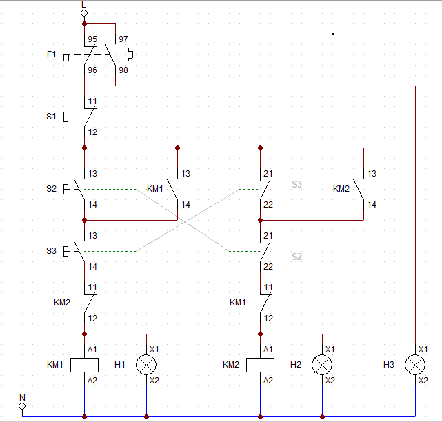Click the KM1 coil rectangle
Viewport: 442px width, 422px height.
84,364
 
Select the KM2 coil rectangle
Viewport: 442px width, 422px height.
260,364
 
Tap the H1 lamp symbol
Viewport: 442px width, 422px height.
147,364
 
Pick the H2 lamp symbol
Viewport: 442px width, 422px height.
322,364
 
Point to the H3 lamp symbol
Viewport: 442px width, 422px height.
416,364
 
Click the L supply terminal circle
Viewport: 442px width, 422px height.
84,12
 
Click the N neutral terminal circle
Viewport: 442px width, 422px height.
22,406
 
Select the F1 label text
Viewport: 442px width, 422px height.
52,54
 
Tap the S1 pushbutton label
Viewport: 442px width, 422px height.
51,117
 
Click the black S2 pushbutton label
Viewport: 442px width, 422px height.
51,188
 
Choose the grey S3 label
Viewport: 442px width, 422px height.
297,185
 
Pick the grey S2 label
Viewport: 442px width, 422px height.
297,257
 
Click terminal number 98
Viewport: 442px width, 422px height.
123,70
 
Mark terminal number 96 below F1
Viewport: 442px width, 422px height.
92,70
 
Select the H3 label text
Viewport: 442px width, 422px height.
389,364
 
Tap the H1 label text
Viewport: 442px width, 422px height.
119,364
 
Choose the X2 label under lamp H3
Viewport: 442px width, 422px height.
423,380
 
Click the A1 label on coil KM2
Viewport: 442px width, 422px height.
268,350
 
